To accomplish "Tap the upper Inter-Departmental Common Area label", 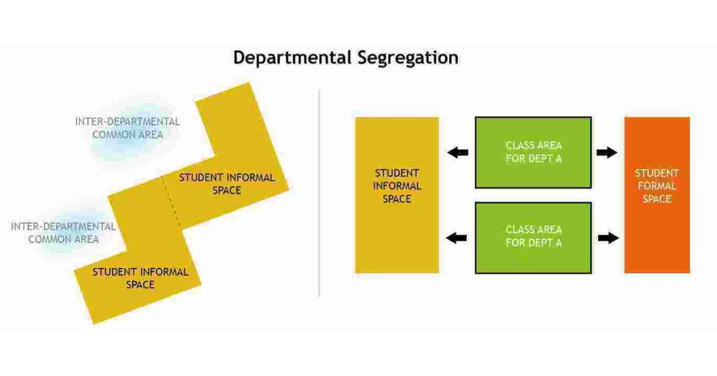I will pyautogui.click(x=127, y=128).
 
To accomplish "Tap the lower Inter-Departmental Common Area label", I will pyautogui.click(x=63, y=233).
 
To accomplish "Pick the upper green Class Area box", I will pyautogui.click(x=533, y=152).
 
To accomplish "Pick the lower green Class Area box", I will pyautogui.click(x=533, y=237).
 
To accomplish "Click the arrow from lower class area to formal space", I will pyautogui.click(x=607, y=238).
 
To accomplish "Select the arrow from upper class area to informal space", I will pyautogui.click(x=458, y=153).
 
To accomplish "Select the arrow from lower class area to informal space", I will pyautogui.click(x=458, y=238).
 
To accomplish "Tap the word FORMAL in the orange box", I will pyautogui.click(x=657, y=186).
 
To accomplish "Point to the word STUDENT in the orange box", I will pyautogui.click(x=657, y=173).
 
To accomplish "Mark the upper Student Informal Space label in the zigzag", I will pyautogui.click(x=227, y=184).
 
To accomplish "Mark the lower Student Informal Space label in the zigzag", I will pyautogui.click(x=140, y=278).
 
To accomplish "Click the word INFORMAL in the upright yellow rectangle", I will pyautogui.click(x=397, y=186).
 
